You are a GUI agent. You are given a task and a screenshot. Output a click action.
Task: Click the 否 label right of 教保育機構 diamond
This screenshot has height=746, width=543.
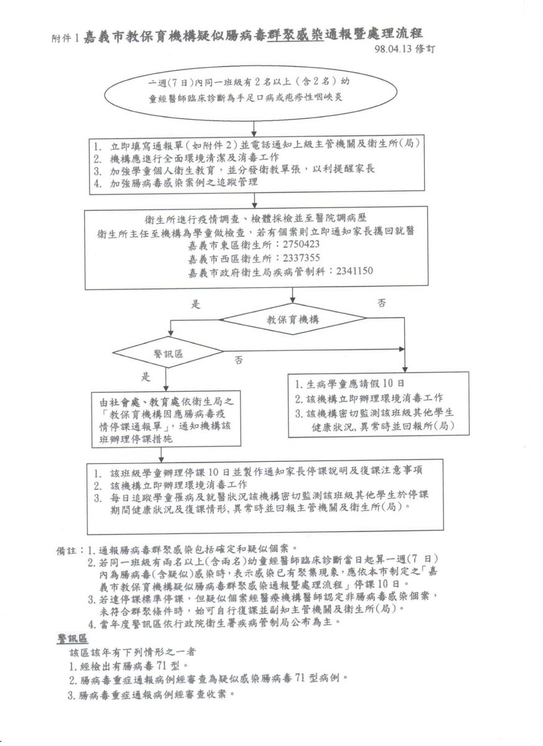coord(381,303)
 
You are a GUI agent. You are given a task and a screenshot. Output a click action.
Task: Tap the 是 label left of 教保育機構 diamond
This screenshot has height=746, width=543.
coord(195,305)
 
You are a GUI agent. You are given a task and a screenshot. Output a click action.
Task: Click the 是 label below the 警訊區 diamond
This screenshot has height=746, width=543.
coord(147,377)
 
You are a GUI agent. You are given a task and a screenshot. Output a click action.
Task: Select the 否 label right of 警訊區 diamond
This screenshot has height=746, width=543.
coord(238,360)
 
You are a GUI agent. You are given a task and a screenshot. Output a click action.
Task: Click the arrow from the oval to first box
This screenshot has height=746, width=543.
coord(254,124)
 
